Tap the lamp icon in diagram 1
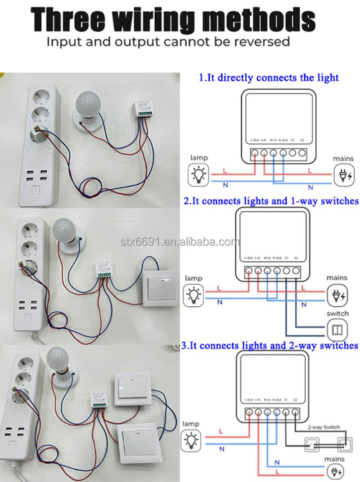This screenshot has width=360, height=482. tap(198, 174)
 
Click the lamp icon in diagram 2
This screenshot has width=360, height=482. tap(194, 295)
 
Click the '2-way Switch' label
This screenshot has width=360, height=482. tap(324, 427)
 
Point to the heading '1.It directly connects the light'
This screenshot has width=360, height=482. tap(269, 77)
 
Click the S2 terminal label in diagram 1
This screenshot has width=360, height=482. tap(302, 141)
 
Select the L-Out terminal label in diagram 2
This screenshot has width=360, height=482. tap(249, 258)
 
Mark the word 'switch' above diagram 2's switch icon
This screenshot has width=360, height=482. tap(337, 313)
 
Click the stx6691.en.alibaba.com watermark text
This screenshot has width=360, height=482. tap(180, 242)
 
